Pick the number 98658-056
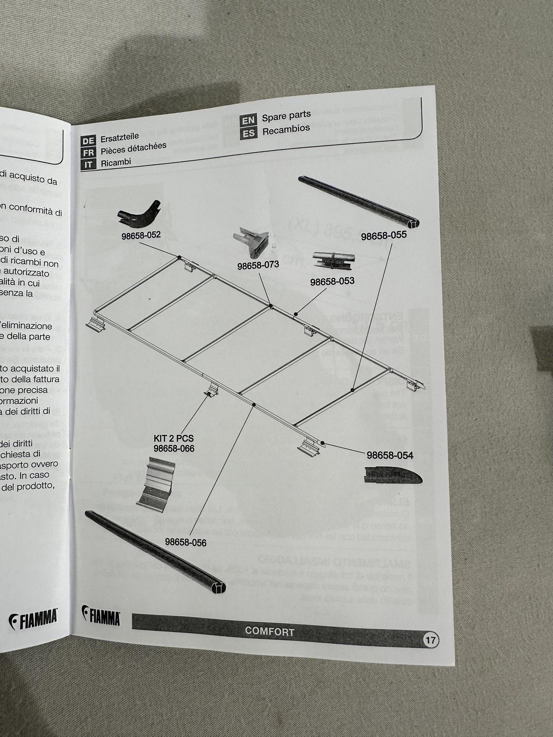click(186, 542)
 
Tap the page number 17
click(430, 640)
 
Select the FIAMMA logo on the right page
click(101, 615)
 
